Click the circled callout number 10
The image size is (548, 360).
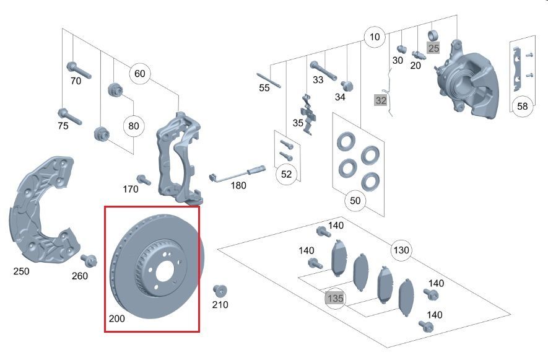coord(374,37)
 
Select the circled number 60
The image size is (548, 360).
coord(139,74)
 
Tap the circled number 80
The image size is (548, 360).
coord(133,126)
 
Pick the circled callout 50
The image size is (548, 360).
coord(355,201)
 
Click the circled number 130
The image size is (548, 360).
coord(401,250)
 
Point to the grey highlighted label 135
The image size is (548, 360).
coord(335,298)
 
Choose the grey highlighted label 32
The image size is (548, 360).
coord(381,100)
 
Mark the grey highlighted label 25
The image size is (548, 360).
coord(433,48)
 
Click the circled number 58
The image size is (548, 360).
coord(523,106)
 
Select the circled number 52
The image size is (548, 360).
coord(286,174)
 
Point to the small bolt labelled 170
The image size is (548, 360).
coord(144,180)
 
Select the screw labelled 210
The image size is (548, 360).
coord(220,291)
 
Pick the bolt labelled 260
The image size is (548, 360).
coord(89,260)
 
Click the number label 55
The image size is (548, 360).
coord(264,88)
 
